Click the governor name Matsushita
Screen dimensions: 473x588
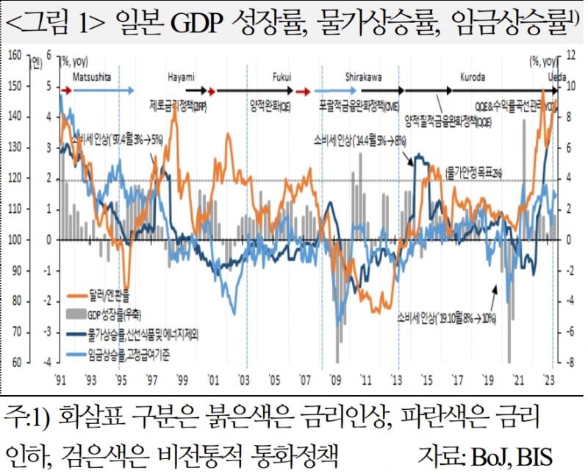[92, 76]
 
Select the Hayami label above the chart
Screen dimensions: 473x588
[181, 76]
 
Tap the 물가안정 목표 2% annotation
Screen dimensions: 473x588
[474, 172]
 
